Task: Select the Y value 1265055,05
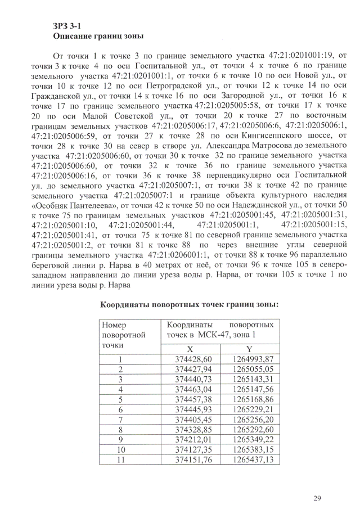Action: tap(249, 370)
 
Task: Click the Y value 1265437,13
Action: tap(249, 460)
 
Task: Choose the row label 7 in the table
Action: tap(120, 420)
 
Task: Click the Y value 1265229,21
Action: tap(249, 409)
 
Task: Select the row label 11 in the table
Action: tap(120, 460)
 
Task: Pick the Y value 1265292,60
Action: tap(249, 430)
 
